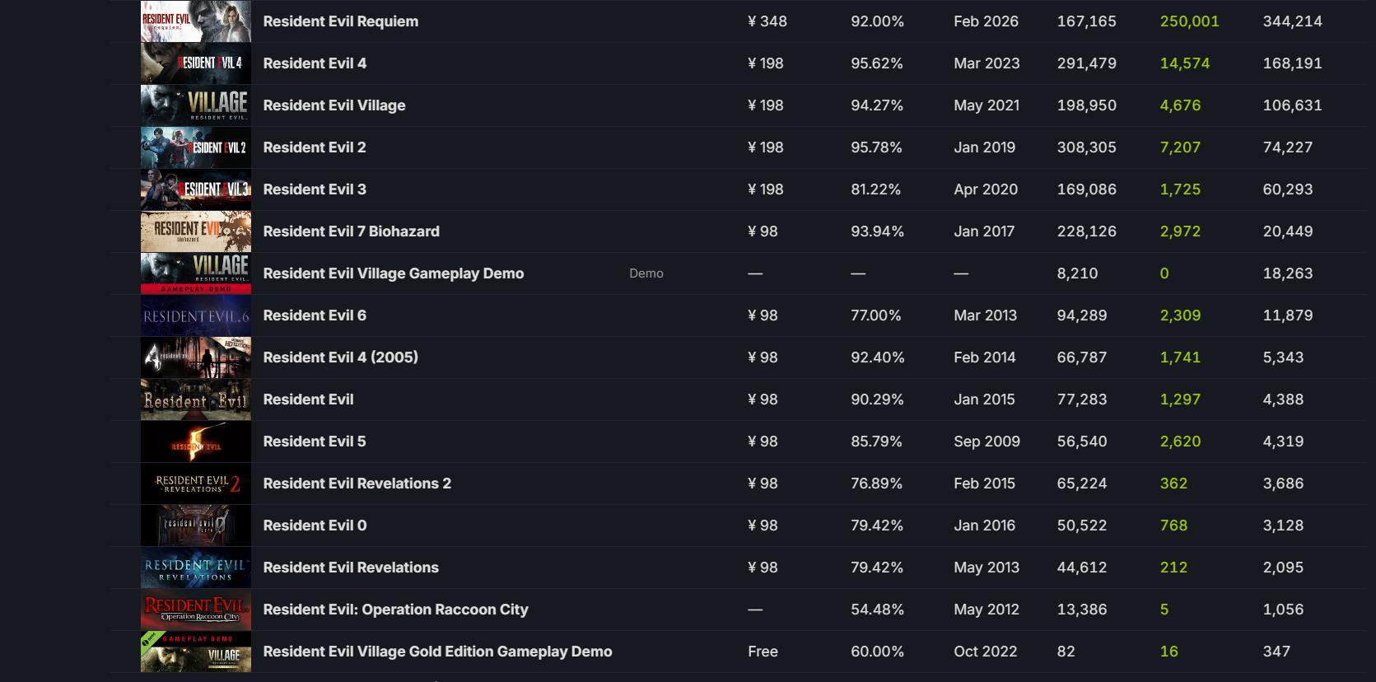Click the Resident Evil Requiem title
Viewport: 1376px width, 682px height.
[x=340, y=21]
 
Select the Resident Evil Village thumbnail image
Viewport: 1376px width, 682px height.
[x=196, y=105]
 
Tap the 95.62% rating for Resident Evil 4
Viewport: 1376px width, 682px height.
[x=876, y=63]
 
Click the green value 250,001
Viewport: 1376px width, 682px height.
[x=1189, y=21]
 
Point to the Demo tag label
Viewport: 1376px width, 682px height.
[x=646, y=273]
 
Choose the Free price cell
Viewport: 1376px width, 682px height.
[x=763, y=652]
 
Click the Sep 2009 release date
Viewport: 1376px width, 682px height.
[x=987, y=441]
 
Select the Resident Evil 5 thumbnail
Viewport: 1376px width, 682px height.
[x=196, y=441]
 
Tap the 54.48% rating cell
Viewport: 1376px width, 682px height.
[x=876, y=610]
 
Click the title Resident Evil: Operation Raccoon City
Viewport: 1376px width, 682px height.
[x=395, y=610]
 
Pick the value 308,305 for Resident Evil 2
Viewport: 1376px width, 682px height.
[x=1086, y=147]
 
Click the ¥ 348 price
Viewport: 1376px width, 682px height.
[x=767, y=21]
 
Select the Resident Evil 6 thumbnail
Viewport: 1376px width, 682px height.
[x=196, y=315]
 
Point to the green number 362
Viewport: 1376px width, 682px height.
[x=1173, y=483]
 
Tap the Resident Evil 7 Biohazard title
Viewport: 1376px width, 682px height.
[x=351, y=231]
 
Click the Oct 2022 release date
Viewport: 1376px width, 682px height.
[x=985, y=652]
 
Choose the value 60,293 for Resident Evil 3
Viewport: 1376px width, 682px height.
[x=1288, y=189]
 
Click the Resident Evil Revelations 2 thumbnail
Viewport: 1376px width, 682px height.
[x=196, y=483]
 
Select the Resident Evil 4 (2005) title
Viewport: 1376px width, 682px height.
[x=340, y=357]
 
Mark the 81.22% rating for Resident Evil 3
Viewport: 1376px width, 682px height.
[x=875, y=189]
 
